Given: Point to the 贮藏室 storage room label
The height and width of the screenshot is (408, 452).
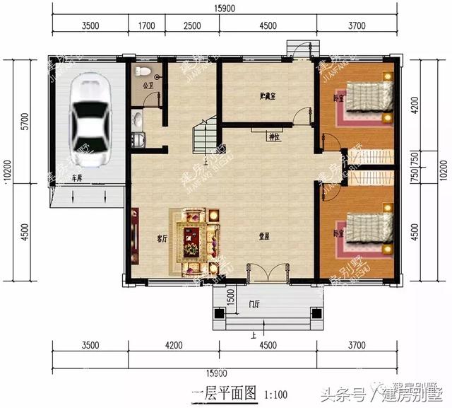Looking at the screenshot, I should [266, 95].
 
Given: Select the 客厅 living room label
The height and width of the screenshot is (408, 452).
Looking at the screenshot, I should [162, 239].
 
